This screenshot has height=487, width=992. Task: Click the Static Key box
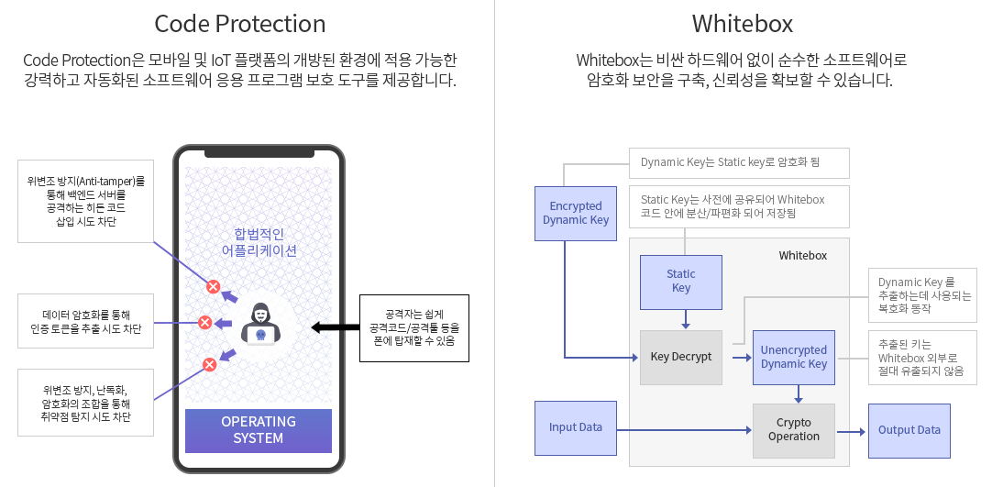(681, 281)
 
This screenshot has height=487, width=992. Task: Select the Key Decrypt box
(681, 357)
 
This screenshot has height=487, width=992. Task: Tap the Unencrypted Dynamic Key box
(793, 357)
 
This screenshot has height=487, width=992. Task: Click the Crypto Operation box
(793, 430)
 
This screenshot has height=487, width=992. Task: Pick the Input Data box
(576, 427)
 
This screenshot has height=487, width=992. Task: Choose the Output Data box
(909, 430)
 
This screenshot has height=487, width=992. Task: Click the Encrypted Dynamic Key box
(576, 213)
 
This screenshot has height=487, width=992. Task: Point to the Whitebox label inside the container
(802, 255)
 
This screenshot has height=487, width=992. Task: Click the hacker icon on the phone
(260, 322)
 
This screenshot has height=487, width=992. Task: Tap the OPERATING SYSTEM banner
(259, 430)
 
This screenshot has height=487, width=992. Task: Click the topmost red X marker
(213, 286)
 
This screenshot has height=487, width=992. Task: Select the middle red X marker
(205, 322)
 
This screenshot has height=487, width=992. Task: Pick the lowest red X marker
(209, 364)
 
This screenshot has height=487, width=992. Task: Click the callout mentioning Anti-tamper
(85, 202)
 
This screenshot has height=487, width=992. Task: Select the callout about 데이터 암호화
(85, 322)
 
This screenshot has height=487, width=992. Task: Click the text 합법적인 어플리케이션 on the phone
(259, 241)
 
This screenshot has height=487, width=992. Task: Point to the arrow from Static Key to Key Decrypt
(686, 318)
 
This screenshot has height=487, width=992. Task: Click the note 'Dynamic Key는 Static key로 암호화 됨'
(739, 162)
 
